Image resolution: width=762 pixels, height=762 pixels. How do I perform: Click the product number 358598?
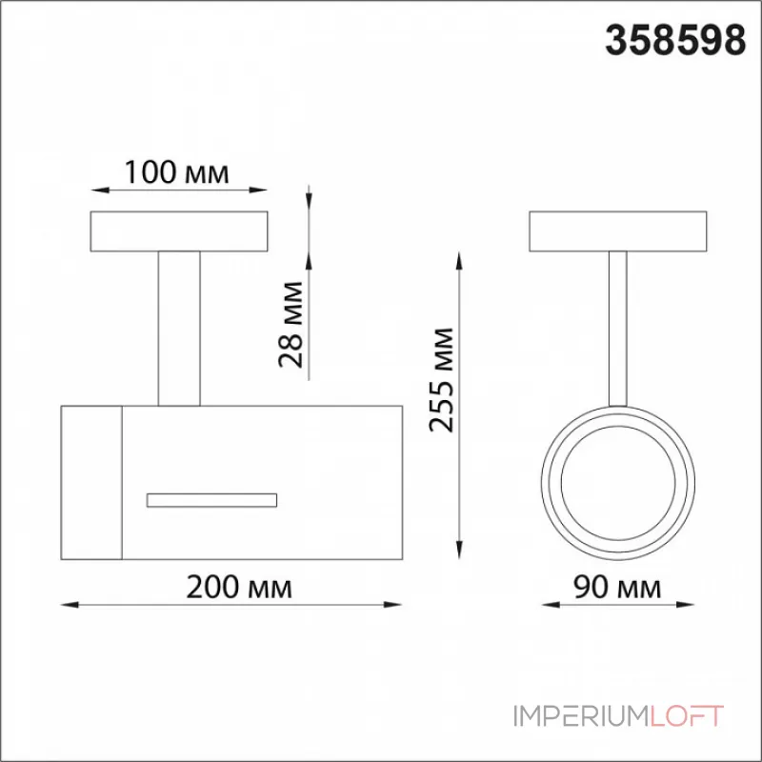675,41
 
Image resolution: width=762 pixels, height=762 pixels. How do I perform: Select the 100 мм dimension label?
176,172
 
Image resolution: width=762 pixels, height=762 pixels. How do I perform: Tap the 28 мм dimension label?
291,324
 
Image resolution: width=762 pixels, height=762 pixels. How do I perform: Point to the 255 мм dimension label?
441,380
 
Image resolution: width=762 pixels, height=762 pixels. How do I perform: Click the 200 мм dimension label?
239,587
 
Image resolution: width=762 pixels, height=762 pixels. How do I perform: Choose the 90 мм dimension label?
617,587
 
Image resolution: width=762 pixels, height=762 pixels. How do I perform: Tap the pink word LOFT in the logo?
686,716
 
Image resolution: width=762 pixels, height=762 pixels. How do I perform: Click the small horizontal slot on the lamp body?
211,501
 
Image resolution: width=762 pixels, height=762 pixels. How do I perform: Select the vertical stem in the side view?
179,329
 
